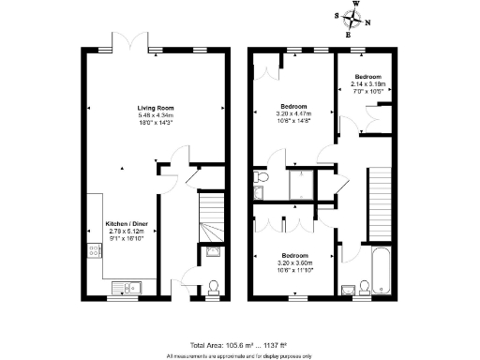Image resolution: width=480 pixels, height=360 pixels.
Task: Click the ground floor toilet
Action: tap(214, 287)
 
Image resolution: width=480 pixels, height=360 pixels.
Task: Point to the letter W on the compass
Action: tap(356, 5)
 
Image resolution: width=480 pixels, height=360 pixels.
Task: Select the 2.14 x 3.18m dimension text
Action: tap(367, 83)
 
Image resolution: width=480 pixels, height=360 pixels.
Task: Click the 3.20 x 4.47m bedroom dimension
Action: tap(293, 113)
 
